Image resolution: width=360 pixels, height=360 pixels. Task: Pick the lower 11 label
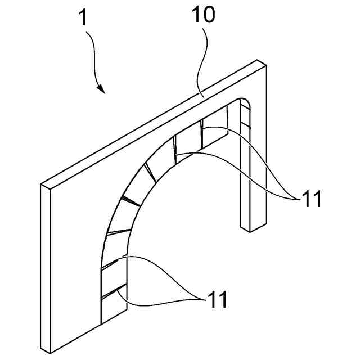tap(218, 300)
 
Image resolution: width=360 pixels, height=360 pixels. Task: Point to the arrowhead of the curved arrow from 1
tap(101, 89)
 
